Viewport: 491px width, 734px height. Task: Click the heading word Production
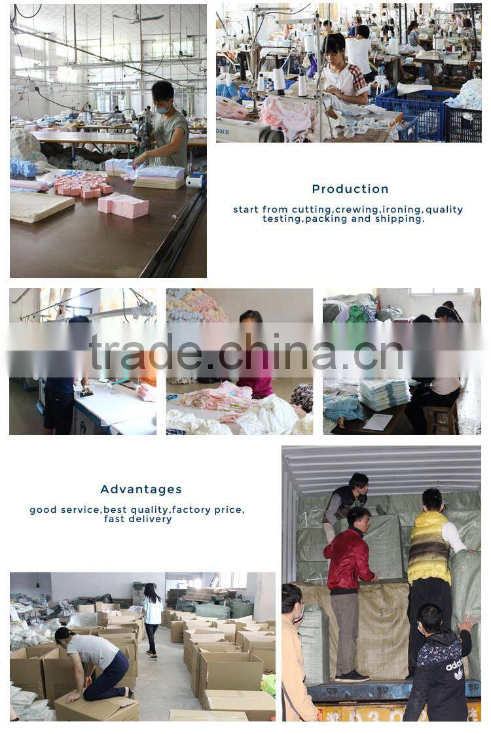(350, 189)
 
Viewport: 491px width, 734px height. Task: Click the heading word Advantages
(141, 489)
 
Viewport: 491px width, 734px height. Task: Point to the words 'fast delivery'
(138, 519)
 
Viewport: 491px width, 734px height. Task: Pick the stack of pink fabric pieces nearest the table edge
(124, 206)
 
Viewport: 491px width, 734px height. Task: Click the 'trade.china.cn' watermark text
(245, 351)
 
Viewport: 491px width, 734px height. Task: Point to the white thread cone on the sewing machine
(279, 81)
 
